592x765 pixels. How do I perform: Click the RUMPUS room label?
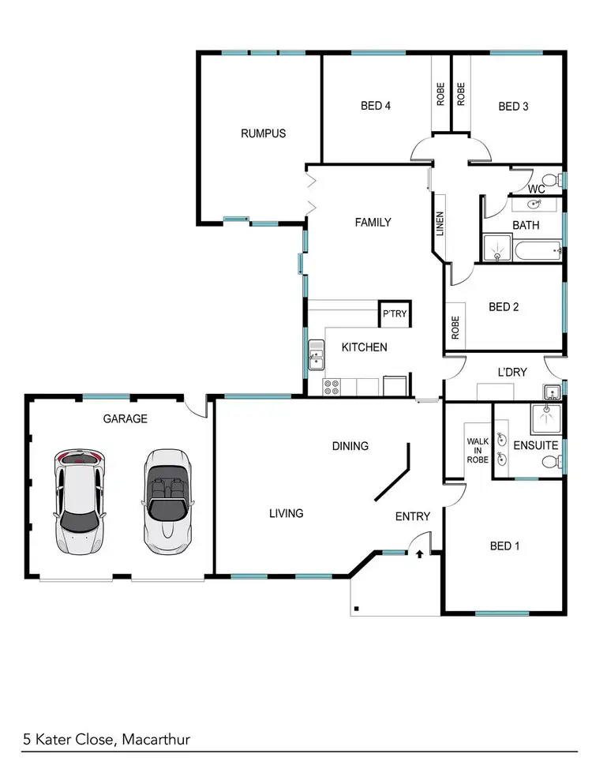263,133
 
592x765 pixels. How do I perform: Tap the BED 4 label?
376,106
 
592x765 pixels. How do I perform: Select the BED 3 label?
513,107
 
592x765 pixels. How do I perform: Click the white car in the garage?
78,502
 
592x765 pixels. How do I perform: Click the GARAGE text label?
125,419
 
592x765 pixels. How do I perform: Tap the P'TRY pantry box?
393,314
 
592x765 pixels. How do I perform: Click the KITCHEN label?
364,347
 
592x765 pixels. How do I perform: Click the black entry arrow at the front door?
419,555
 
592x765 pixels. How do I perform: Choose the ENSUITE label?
535,445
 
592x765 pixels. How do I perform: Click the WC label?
537,189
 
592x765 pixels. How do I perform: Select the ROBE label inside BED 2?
455,328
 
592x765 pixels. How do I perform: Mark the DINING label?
350,446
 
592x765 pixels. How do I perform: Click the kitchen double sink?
316,354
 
